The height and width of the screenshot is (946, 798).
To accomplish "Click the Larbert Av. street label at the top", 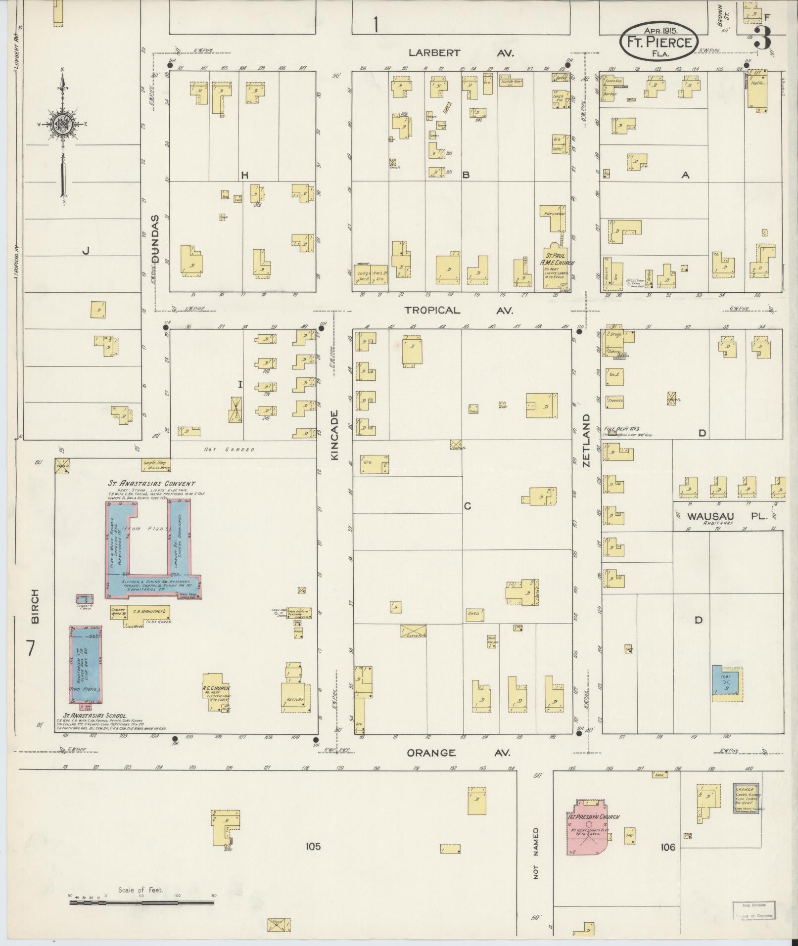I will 461,53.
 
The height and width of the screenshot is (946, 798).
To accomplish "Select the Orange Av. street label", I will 458,753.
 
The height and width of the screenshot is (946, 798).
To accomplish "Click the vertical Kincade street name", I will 334,435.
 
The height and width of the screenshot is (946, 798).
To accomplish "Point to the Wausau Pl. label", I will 727,516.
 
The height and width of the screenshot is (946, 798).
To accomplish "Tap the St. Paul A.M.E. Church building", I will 557,267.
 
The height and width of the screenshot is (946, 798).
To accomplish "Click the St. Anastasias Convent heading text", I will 152,484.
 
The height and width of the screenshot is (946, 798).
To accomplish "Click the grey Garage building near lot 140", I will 748,798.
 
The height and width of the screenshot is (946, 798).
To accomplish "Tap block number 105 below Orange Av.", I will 313,846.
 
